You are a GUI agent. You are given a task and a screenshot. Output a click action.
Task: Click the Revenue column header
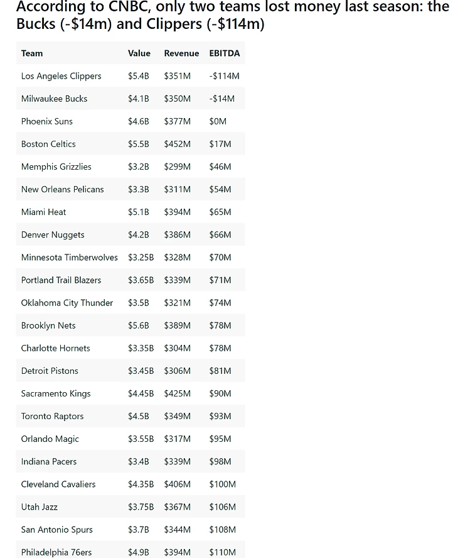[181, 53]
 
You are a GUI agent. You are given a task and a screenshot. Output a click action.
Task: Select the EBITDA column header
[225, 53]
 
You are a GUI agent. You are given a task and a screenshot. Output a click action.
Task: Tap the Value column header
[139, 53]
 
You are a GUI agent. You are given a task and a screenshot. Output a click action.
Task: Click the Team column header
[32, 53]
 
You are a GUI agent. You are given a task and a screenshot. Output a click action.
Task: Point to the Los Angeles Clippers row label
[61, 76]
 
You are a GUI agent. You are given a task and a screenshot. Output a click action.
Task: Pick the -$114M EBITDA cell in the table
[225, 76]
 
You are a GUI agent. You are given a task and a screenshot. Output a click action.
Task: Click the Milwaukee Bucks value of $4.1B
[139, 99]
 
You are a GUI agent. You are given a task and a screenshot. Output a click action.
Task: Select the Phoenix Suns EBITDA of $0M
[218, 121]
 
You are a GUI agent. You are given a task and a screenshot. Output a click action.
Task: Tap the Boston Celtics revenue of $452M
[178, 144]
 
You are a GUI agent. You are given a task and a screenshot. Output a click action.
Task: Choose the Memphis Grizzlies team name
[56, 167]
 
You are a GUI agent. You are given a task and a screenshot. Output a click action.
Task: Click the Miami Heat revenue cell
[178, 212]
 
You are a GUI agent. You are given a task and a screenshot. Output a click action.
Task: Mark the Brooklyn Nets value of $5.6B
[139, 325]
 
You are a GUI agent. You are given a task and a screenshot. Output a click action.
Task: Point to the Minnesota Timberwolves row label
[70, 257]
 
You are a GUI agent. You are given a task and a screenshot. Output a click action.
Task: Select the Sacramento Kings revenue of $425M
[178, 393]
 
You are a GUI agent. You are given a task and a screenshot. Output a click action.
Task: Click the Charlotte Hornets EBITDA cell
[220, 348]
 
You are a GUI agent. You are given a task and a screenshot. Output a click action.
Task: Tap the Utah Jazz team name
[40, 506]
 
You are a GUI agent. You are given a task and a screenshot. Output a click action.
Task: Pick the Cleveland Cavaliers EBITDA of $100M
[223, 484]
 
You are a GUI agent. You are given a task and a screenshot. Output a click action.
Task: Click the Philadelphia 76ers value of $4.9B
[139, 552]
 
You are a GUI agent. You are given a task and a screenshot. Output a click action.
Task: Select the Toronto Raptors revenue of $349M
[178, 416]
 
